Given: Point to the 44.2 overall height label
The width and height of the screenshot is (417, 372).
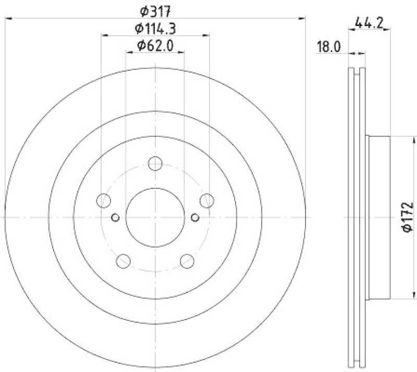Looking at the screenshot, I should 369,22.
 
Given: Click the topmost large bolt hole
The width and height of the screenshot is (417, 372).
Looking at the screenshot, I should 155,164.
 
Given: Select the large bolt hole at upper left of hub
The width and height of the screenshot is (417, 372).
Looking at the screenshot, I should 104,200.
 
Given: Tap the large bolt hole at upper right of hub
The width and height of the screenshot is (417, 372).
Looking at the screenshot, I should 207,200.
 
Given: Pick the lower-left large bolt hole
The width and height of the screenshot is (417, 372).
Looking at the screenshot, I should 124,260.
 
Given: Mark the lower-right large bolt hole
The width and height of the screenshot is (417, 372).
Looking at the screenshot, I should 187,260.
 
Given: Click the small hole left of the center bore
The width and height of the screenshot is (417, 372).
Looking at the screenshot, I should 116,217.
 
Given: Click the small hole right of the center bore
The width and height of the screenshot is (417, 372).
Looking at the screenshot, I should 195,217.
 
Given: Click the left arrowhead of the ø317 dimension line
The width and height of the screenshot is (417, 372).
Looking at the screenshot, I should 7,18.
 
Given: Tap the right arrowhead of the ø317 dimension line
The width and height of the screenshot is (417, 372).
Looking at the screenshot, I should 303,18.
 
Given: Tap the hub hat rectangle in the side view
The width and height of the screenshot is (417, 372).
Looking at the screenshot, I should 378,217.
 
